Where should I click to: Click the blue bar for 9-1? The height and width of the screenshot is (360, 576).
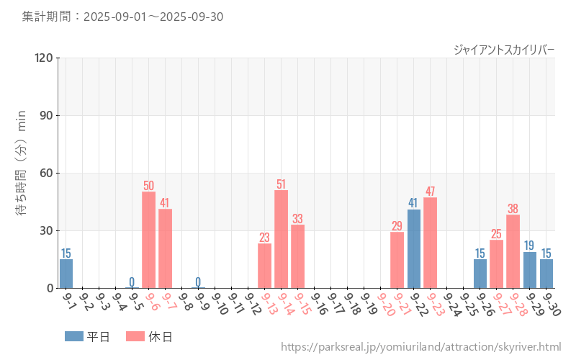pyautogui.click(x=66, y=274)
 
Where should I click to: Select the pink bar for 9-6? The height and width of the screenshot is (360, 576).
pyautogui.click(x=149, y=240)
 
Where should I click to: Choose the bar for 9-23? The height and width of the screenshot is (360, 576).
pyautogui.click(x=430, y=243)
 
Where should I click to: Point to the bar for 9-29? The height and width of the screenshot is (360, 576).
pyautogui.click(x=529, y=270)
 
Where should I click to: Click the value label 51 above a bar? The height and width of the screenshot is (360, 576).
pyautogui.click(x=281, y=184)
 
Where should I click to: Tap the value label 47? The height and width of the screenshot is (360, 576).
pyautogui.click(x=430, y=192)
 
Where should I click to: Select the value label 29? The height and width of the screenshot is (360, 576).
pyautogui.click(x=397, y=226)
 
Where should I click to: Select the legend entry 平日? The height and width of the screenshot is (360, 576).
pyautogui.click(x=88, y=336)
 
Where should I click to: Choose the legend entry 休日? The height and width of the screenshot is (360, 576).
pyautogui.click(x=149, y=336)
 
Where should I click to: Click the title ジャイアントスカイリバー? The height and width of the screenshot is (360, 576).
pyautogui.click(x=504, y=49)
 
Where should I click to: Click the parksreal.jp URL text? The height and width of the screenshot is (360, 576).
pyautogui.click(x=420, y=347)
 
